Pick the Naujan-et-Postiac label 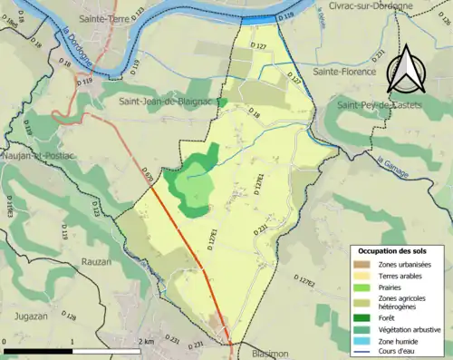[36, 157]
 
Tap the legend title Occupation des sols [392, 249]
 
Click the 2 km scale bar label [145, 340]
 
